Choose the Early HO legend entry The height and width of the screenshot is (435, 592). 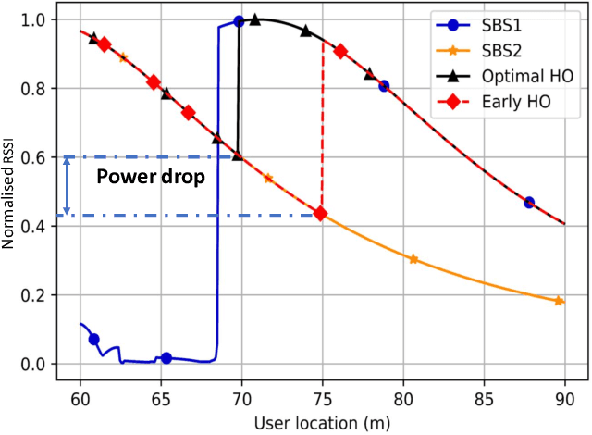pos(511,102)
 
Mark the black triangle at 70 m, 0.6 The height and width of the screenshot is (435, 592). pos(238,156)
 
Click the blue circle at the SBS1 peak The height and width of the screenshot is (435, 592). pos(240,20)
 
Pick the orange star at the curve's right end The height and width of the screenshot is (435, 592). pos(559,301)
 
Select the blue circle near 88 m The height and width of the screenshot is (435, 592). pos(529,202)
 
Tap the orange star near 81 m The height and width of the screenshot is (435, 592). pos(413,259)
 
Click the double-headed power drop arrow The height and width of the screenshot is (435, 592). pos(67,186)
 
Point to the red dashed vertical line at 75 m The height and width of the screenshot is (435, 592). pos(322,130)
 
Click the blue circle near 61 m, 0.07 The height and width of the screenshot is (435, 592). pos(93,340)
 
